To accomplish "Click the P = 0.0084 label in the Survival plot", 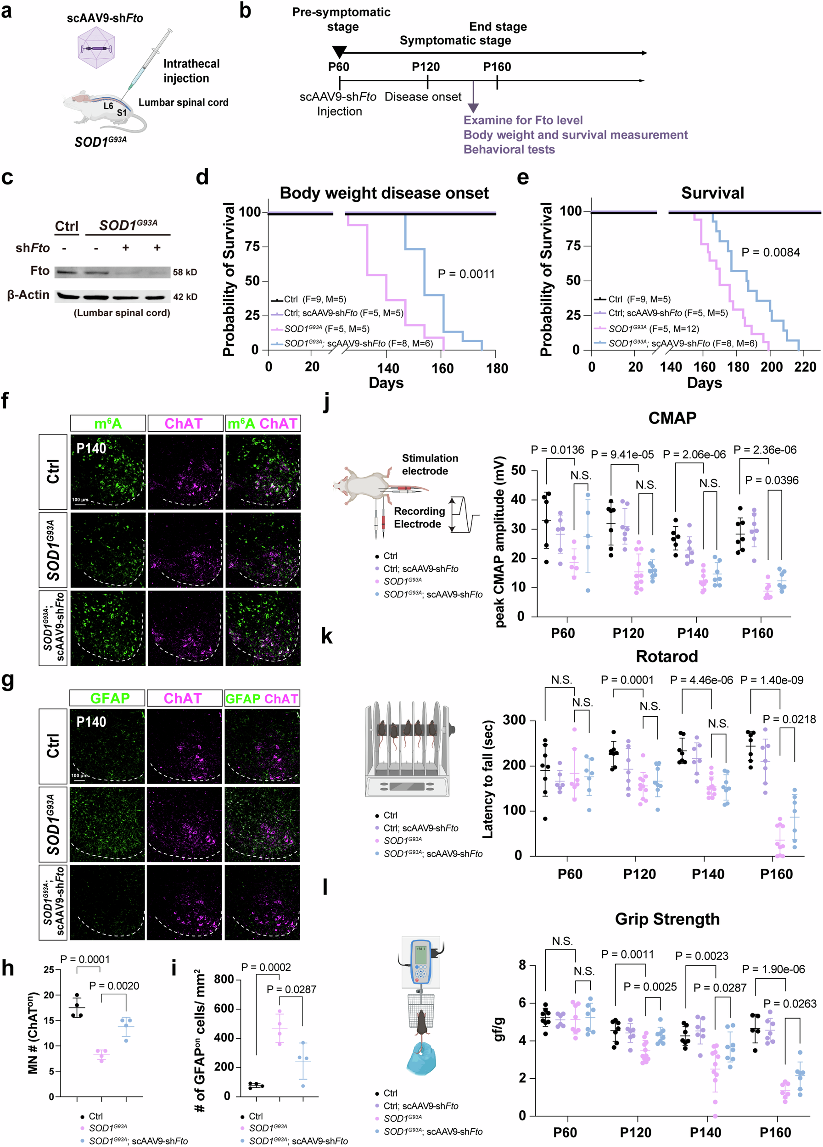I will click(770, 252).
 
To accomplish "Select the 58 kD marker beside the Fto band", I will click(185, 272).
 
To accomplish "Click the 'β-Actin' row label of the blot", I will click(28, 295).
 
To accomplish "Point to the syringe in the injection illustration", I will click(147, 63).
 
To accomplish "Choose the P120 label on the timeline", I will click(425, 67).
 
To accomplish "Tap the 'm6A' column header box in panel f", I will click(108, 423).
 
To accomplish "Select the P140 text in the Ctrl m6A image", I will click(91, 448).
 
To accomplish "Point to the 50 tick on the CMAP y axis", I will click(517, 470).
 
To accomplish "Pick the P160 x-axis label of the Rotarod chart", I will click(776, 874).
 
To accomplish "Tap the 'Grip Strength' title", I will click(666, 919).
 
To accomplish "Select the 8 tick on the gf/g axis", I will click(522, 965).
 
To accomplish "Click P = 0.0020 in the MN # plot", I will click(114, 986).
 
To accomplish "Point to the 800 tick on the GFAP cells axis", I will click(224, 979).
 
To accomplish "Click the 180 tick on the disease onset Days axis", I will click(497, 368).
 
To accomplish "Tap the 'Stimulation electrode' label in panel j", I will click(430, 464).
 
